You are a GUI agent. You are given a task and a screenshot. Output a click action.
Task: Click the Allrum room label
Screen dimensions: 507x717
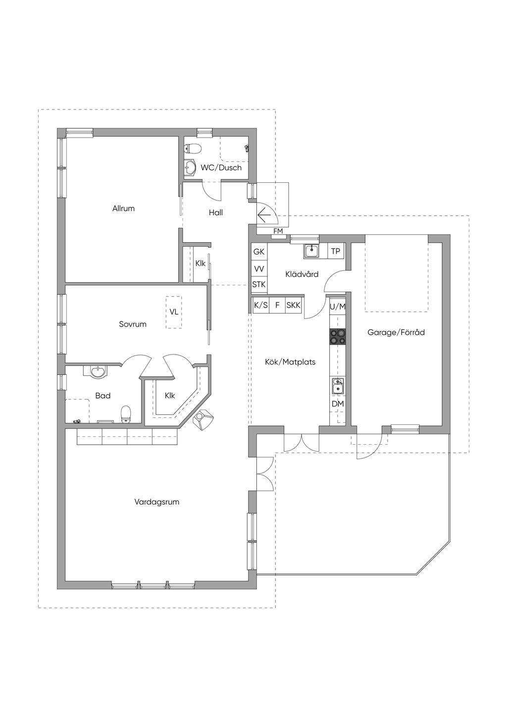pos(123,208)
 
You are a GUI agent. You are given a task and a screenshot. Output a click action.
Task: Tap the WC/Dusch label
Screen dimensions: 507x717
pos(221,167)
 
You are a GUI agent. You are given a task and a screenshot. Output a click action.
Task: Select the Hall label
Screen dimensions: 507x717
pos(216,212)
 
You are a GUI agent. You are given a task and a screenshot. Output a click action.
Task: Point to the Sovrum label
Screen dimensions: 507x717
pos(133,324)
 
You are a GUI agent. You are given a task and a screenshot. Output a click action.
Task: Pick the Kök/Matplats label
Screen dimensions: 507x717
pos(290,362)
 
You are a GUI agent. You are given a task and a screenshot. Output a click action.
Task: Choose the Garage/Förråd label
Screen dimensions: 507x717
pos(396,332)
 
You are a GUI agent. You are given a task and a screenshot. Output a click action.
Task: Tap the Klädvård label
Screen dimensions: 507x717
pos(302,274)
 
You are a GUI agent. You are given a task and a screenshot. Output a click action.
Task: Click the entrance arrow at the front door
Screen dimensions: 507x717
pos(264,215)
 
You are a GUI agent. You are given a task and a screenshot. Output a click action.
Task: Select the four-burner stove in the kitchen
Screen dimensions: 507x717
pos(338,337)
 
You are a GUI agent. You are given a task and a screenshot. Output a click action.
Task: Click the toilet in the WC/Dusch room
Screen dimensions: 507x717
pos(193,149)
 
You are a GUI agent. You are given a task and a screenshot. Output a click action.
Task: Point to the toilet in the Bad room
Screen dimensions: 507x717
pos(126,414)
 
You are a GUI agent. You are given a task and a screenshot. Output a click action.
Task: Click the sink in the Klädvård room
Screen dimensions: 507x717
pos(311,251)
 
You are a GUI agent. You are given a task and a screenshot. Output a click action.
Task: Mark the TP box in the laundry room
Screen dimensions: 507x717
pos(335,251)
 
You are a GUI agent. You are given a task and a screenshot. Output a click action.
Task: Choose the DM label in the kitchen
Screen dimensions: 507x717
pos(338,404)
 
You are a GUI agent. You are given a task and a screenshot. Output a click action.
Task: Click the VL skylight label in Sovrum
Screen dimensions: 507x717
pos(174,312)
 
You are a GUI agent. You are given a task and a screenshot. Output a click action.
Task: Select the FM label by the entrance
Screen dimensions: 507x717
pos(278,231)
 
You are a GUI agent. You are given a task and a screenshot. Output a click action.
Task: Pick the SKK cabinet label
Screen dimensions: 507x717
pos(293,305)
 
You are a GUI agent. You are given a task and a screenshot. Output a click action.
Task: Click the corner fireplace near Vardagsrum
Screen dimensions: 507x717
pos(203,419)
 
